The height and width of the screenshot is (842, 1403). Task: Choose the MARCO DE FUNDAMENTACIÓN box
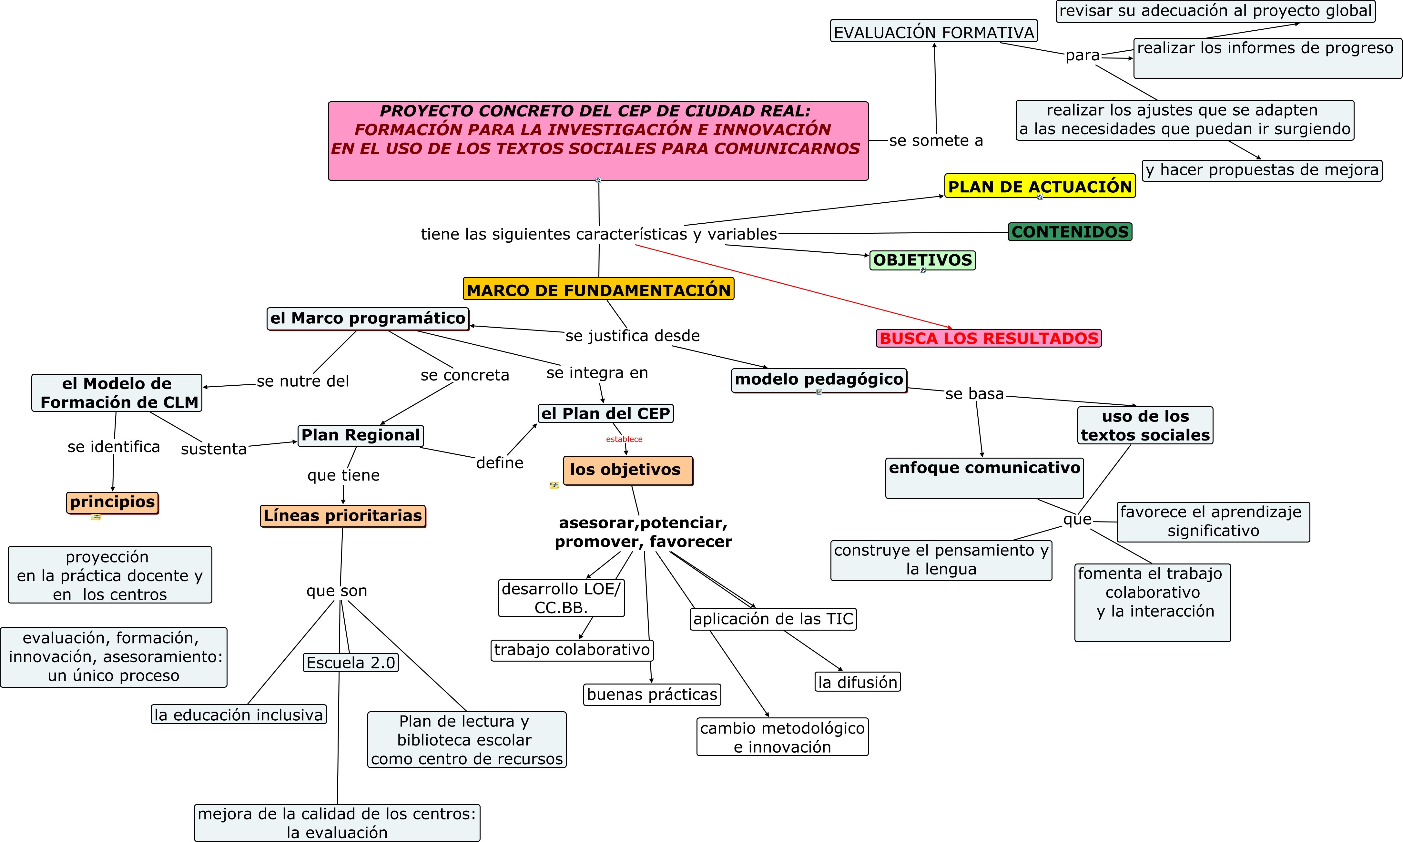(x=598, y=289)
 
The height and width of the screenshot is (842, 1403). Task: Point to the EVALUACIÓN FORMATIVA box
(x=933, y=32)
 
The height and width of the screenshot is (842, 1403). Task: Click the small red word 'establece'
(x=624, y=439)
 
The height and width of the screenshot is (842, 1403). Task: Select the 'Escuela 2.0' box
(x=351, y=663)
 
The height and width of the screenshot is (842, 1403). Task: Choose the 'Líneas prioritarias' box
(x=343, y=516)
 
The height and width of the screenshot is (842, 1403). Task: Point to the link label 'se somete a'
(x=936, y=141)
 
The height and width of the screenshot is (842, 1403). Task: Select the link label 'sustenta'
(x=214, y=449)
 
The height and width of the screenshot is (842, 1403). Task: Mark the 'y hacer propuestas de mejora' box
(x=1261, y=170)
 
